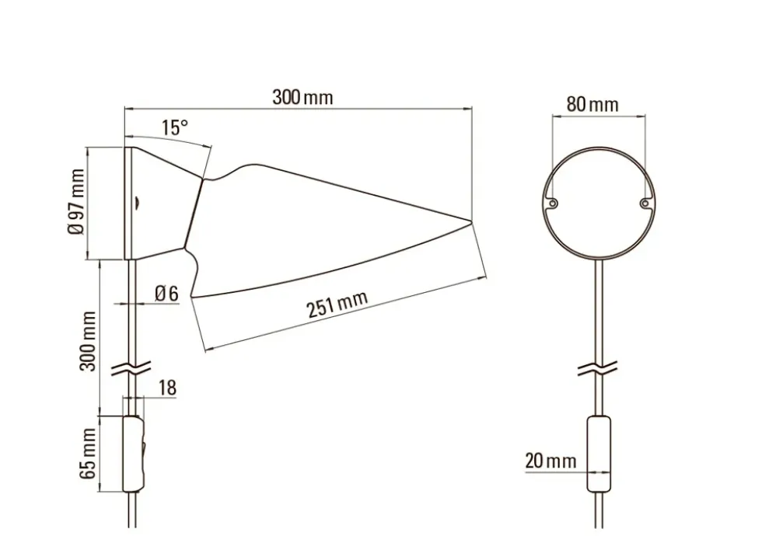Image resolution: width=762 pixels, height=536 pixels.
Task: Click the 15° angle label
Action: click(x=174, y=127)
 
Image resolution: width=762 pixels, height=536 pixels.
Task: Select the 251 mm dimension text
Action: click(x=337, y=304)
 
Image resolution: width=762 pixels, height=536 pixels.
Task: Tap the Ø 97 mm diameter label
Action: click(x=76, y=201)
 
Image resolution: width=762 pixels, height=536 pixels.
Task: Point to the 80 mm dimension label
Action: click(x=592, y=104)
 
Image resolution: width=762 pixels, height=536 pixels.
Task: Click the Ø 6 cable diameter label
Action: click(x=166, y=294)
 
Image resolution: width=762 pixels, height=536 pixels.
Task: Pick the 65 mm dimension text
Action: click(x=88, y=454)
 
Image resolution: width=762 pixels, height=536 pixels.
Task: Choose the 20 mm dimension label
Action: click(x=551, y=461)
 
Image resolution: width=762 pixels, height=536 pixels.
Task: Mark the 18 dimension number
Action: click(x=167, y=388)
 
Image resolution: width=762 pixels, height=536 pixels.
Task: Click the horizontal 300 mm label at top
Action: click(x=302, y=97)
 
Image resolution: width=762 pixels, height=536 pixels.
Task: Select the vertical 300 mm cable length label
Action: click(x=88, y=341)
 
